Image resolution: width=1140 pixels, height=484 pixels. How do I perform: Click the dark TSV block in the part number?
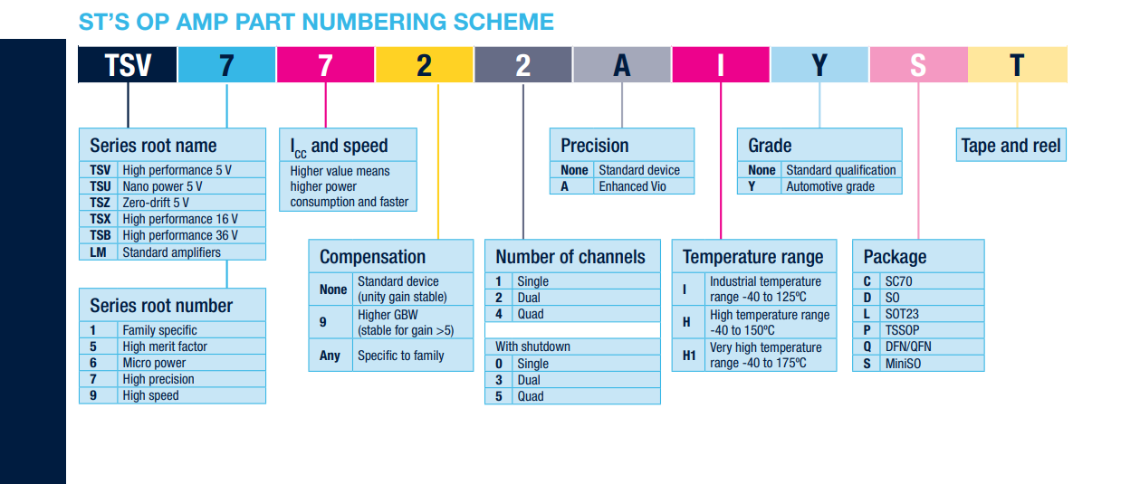pos(128,64)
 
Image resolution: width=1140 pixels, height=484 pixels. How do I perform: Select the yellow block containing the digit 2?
pos(425,64)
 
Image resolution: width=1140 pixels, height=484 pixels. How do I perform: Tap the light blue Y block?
pos(819,64)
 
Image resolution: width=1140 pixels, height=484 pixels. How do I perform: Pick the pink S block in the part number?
pos(919,64)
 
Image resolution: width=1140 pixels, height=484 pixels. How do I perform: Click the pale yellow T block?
pos(1018,64)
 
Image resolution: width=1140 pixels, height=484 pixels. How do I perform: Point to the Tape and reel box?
pos(1011,145)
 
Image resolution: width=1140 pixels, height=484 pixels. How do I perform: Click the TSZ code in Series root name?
pos(100,203)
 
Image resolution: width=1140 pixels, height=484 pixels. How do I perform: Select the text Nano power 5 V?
pos(162,186)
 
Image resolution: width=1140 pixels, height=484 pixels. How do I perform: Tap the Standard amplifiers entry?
pos(171,252)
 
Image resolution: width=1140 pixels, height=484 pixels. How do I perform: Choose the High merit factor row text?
pos(165,346)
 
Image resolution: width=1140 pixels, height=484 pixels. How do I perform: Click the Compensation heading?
pos(372,257)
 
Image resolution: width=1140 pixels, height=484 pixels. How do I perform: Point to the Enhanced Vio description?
pos(632,186)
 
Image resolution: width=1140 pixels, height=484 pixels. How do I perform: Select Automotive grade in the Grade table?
pos(830,186)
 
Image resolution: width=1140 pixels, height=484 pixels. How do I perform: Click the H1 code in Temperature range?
pos(689,356)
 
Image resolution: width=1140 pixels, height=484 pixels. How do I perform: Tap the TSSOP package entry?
pos(902,330)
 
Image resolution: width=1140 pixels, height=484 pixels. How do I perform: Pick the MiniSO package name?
pos(903,364)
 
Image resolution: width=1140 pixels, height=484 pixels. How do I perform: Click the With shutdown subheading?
pos(532,346)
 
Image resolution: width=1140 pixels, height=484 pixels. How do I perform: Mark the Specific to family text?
pos(400,356)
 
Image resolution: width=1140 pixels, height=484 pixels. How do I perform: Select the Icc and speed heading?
pos(339,147)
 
